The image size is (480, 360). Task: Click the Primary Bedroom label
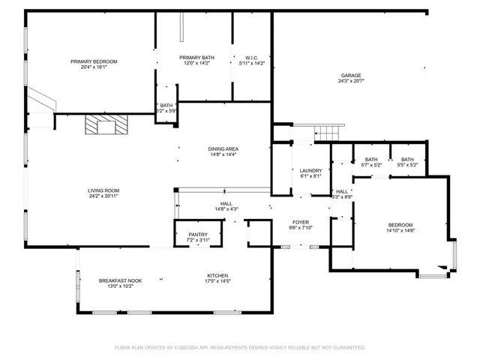point(94,61)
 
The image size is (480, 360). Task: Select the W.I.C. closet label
point(251,58)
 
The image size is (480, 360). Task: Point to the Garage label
point(351,75)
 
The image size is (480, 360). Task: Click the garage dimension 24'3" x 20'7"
point(351,81)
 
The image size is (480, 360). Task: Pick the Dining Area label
point(223,148)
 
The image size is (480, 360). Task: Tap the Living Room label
point(103,190)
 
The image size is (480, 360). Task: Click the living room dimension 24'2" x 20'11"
point(103,196)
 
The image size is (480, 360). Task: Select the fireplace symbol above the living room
point(105,124)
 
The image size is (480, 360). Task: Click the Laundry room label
point(310,171)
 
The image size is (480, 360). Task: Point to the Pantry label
point(198,235)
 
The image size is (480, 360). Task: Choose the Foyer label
point(301,223)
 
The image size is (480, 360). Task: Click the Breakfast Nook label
point(120,280)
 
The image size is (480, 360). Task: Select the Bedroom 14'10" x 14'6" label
point(400,225)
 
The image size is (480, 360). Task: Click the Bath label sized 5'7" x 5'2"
point(371,159)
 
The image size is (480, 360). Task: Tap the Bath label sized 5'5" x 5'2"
point(407,159)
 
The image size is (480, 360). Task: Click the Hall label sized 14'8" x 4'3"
point(226,203)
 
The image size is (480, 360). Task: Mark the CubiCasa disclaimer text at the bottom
point(239,347)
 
